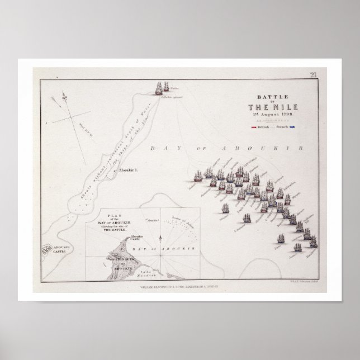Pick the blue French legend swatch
[292, 128]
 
